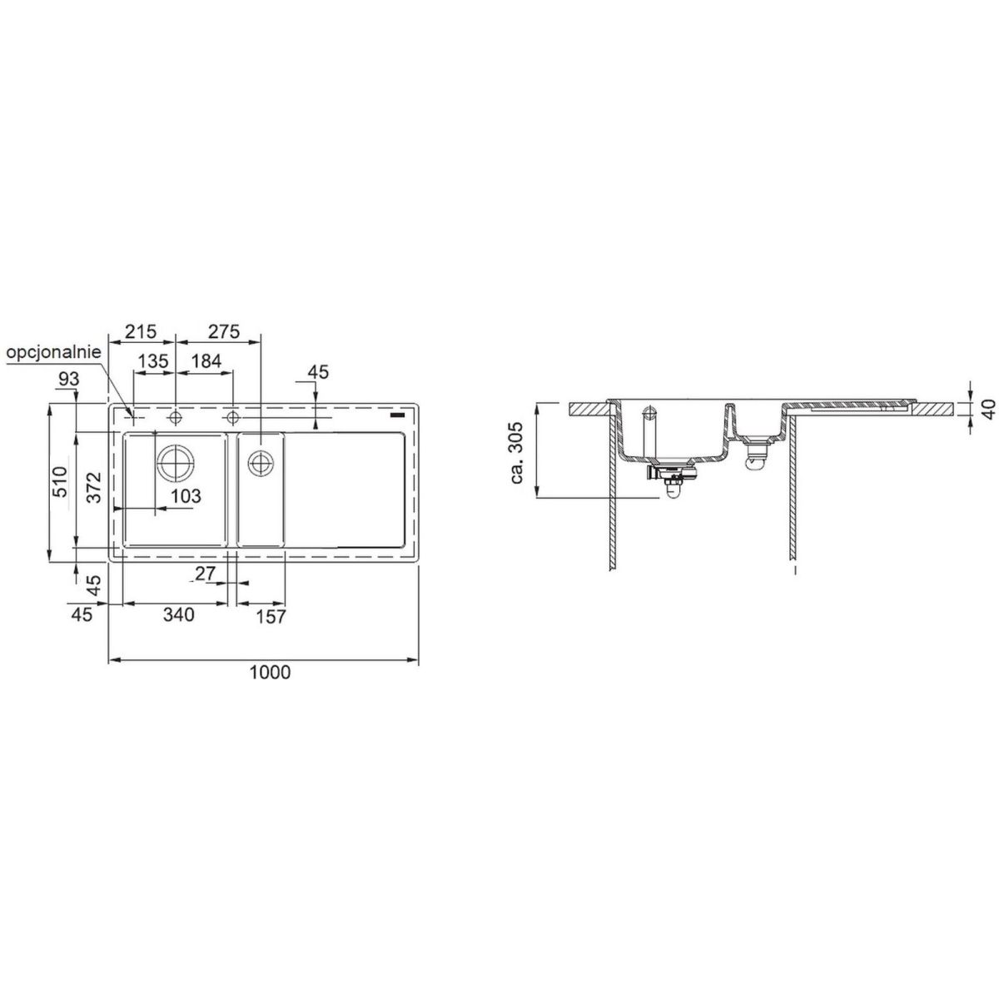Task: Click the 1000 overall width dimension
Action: (x=270, y=673)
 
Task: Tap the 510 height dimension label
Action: (x=61, y=482)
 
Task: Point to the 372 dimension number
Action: (x=94, y=487)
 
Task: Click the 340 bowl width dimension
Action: (x=179, y=614)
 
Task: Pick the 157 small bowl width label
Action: (x=270, y=617)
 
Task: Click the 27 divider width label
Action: (x=206, y=574)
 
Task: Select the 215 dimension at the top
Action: (x=141, y=331)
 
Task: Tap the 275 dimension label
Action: (x=224, y=331)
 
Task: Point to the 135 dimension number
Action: (x=153, y=360)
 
